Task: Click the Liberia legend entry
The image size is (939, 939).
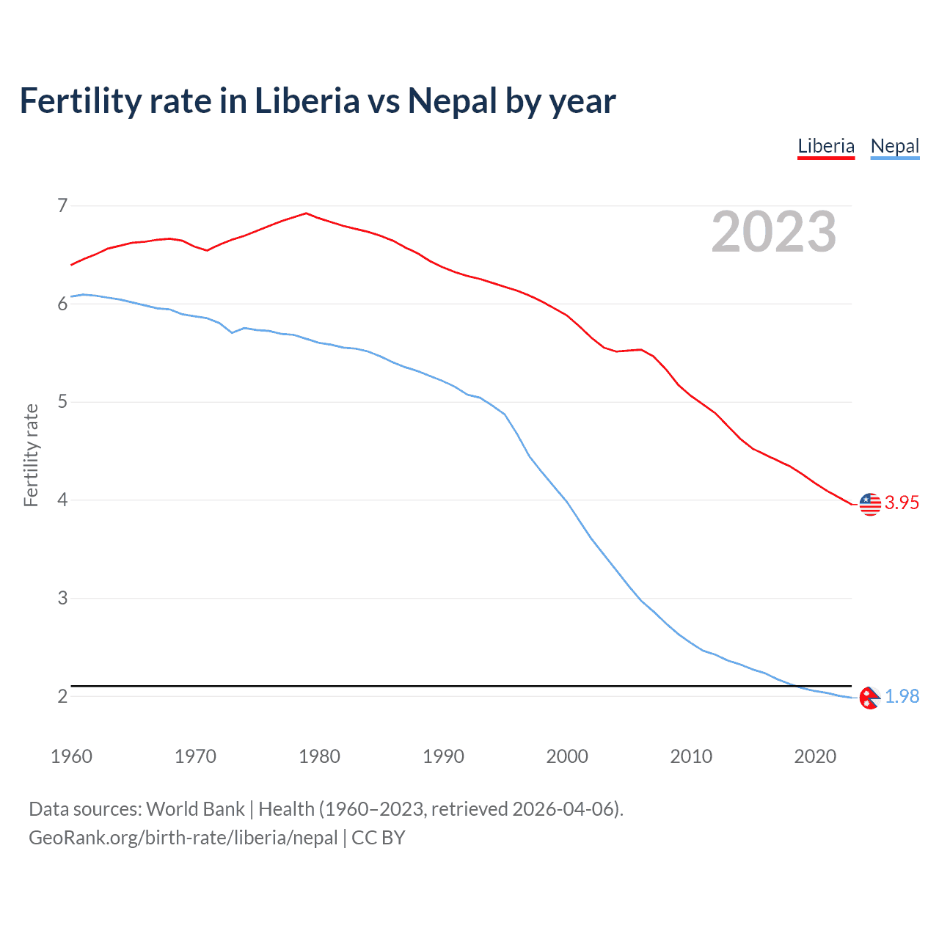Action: [x=826, y=146]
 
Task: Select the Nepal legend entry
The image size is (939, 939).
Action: [x=894, y=146]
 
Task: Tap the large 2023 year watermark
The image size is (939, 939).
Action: [x=774, y=232]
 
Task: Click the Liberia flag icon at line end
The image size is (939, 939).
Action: [x=870, y=504]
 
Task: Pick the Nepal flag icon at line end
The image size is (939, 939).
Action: [x=869, y=698]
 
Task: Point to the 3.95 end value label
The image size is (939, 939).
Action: [x=902, y=503]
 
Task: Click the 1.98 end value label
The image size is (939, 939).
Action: [x=902, y=696]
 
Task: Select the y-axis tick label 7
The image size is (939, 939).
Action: [x=62, y=205]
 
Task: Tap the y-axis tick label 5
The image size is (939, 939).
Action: [x=62, y=402]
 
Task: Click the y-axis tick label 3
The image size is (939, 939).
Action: [x=62, y=598]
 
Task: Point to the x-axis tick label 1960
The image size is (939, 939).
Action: [x=71, y=756]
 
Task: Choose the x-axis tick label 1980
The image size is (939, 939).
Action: [x=319, y=756]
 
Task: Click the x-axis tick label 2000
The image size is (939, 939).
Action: [x=567, y=756]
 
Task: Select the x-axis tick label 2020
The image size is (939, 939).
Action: [x=815, y=756]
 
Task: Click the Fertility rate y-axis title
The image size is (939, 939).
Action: [x=31, y=455]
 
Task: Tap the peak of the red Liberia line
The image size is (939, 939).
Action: [x=306, y=213]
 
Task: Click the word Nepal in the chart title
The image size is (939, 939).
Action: [x=452, y=101]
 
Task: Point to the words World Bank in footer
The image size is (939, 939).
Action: [x=195, y=809]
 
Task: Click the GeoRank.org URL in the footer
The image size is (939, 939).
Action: [x=183, y=838]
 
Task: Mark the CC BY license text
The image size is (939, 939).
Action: [x=379, y=838]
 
